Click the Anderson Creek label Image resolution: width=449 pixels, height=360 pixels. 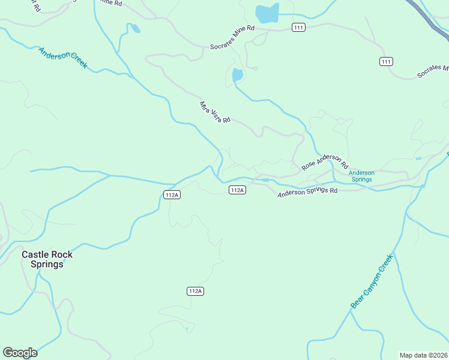63,58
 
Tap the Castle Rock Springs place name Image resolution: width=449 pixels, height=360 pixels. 47,259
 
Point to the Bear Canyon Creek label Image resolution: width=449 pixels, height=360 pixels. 372,281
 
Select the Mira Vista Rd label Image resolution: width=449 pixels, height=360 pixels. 215,112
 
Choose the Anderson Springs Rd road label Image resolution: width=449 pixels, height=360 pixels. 307,191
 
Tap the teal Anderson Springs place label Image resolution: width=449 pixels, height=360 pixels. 361,176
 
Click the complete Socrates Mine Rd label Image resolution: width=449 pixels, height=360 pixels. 232,37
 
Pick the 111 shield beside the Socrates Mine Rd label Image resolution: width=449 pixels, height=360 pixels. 299,28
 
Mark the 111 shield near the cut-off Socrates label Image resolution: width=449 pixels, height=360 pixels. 386,62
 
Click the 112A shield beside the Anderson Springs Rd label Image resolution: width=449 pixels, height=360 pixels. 237,190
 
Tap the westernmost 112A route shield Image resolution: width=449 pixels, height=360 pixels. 172,194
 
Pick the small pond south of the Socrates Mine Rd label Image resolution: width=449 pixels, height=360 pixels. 237,75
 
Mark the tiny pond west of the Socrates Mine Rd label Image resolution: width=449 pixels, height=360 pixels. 135,28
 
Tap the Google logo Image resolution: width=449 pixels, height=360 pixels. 20,353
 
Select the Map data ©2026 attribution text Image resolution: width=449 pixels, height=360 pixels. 423,355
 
